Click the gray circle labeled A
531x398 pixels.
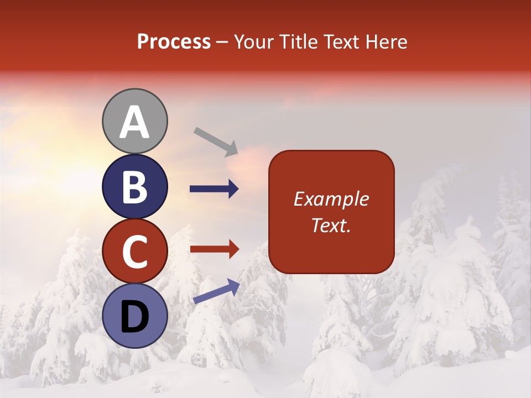click(x=135, y=121)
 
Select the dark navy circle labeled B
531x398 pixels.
click(x=135, y=186)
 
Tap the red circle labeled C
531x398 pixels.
click(x=135, y=251)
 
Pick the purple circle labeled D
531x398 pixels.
click(x=135, y=316)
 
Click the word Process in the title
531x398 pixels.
click(x=174, y=42)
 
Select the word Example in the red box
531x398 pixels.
click(x=331, y=199)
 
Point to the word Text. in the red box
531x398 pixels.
click(x=331, y=225)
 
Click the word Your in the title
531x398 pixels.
click(x=253, y=42)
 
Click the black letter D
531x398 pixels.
click(x=134, y=317)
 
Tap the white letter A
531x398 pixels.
click(x=134, y=122)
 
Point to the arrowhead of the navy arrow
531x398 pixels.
click(x=233, y=189)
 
